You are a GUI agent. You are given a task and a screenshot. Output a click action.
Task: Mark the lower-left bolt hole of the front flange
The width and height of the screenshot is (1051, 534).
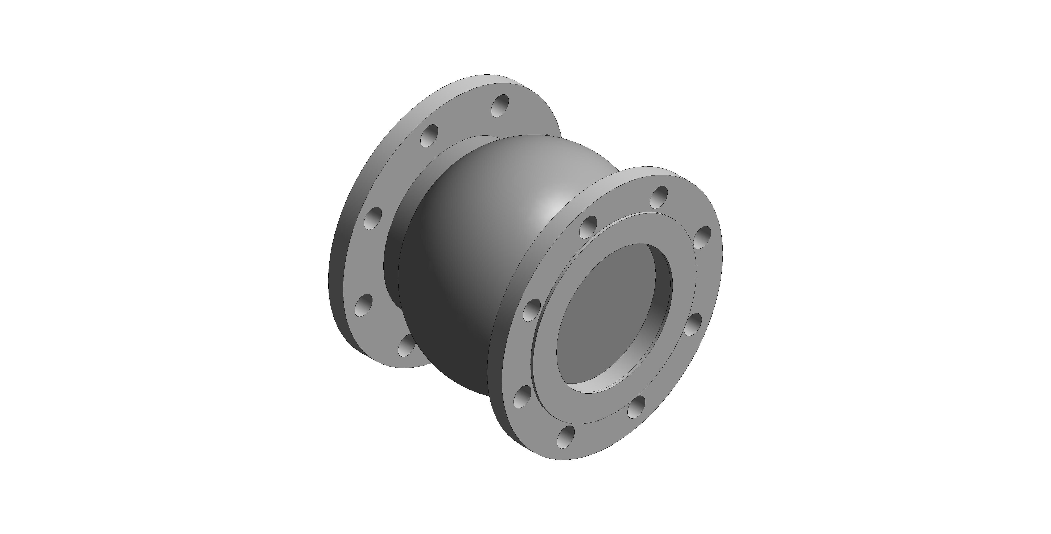pyautogui.click(x=522, y=398)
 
